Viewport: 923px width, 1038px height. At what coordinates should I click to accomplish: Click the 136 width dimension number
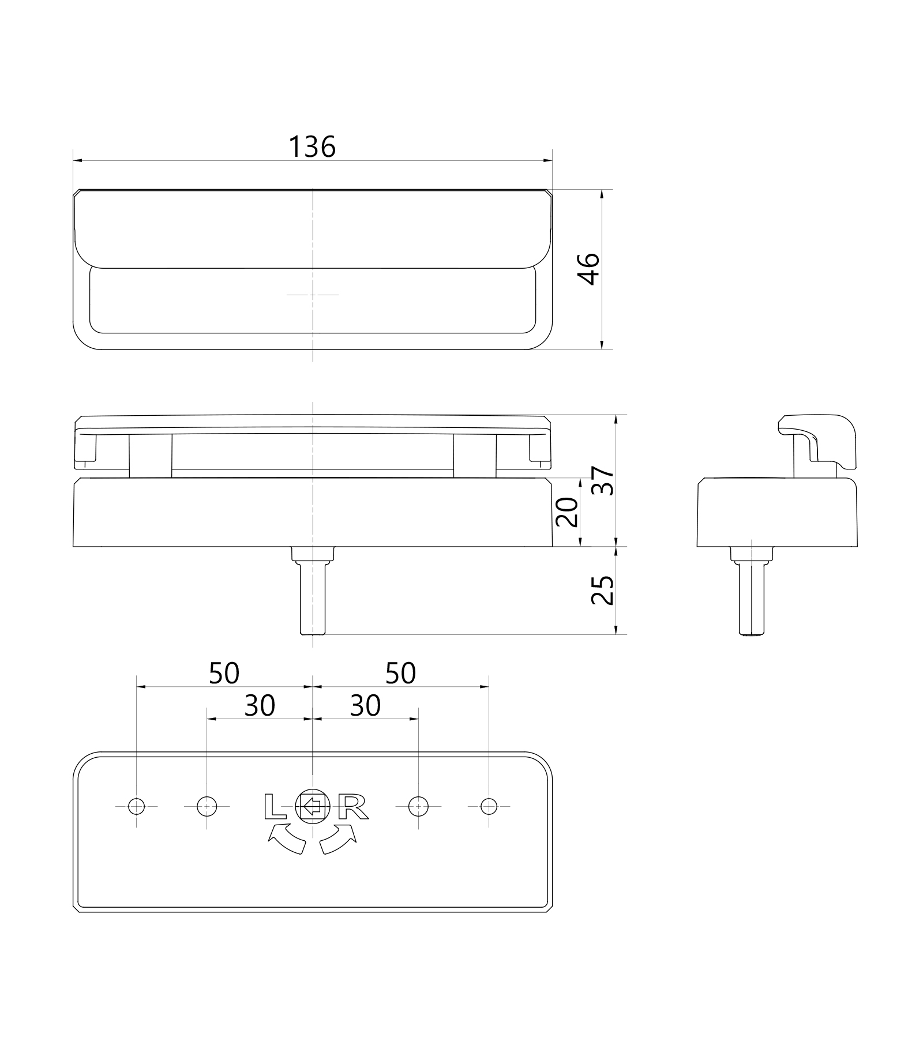point(312,147)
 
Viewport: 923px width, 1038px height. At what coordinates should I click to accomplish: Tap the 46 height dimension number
point(589,269)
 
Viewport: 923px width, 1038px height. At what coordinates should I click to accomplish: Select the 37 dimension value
point(603,480)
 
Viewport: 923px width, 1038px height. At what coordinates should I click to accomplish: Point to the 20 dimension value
point(566,512)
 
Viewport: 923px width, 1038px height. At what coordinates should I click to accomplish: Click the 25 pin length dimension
point(603,589)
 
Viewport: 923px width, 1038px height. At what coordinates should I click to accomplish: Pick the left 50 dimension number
point(224,673)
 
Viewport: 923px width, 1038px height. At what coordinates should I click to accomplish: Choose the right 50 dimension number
point(400,673)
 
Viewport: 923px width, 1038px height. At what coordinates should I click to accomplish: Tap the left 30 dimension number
point(260,705)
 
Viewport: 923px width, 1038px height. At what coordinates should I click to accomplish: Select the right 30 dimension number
point(365,705)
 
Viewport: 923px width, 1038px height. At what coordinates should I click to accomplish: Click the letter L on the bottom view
point(275,807)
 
